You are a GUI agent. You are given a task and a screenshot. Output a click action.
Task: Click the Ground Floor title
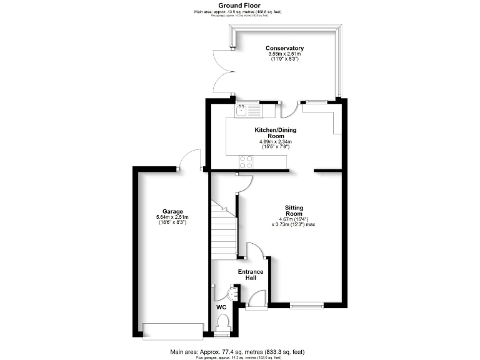pos(239,4)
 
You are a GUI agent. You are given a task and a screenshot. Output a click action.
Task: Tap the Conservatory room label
pos(284,48)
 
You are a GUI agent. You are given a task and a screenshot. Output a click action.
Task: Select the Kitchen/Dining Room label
pos(275,133)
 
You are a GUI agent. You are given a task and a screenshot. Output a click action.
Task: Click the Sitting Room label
pos(294,210)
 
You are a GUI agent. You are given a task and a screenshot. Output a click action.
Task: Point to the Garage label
pos(172,211)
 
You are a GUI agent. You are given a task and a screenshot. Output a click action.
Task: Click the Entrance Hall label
pos(251,275)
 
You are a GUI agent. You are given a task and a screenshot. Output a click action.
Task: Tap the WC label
pos(221,307)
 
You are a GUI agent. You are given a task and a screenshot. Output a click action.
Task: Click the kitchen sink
pos(242,111)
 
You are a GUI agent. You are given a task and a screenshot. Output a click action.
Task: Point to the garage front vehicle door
pos(172,329)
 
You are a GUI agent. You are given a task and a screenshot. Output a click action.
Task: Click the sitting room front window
pos(307,306)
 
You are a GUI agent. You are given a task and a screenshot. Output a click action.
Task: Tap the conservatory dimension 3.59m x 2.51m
pos(284,54)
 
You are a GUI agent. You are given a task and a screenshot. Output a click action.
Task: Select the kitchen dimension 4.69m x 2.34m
pos(276,142)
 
